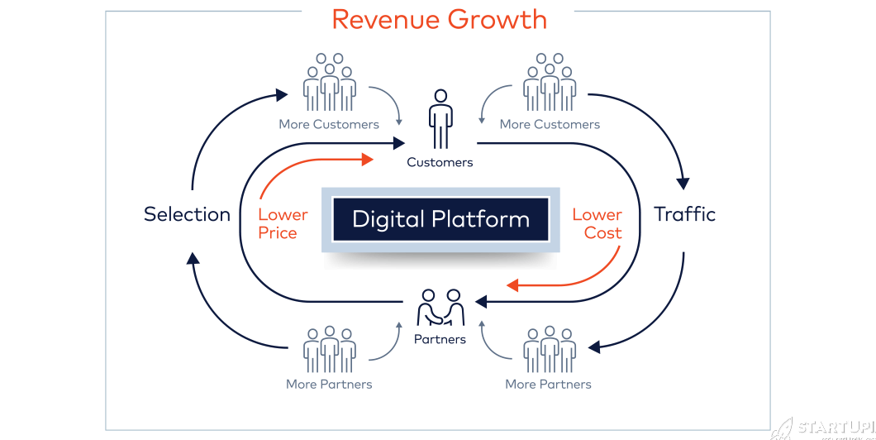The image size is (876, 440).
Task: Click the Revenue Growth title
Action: [x=439, y=20]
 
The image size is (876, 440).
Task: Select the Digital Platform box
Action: [x=440, y=220]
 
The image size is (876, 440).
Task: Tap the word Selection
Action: [x=187, y=215]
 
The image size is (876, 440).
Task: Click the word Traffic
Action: [x=684, y=215]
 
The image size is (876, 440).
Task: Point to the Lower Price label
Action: [x=283, y=223]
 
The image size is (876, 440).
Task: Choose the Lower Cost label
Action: [x=597, y=223]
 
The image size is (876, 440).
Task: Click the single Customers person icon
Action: [x=441, y=117]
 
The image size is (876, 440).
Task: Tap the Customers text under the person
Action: [x=440, y=163]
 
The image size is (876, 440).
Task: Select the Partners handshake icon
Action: [x=440, y=309]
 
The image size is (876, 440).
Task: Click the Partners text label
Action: [x=440, y=339]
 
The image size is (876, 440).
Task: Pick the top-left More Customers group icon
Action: [x=329, y=83]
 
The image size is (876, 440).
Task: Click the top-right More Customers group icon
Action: [x=550, y=83]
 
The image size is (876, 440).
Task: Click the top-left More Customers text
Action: [x=329, y=125]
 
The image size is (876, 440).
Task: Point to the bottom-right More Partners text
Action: [x=549, y=385]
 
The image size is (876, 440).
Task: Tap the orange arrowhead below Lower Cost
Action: [x=513, y=285]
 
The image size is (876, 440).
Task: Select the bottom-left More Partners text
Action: [x=329, y=385]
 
